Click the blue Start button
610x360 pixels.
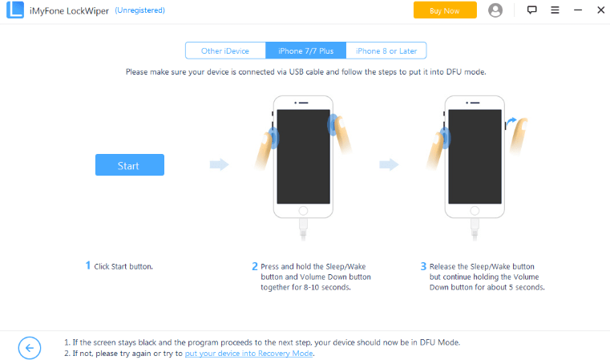[130, 164]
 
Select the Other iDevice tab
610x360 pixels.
[225, 51]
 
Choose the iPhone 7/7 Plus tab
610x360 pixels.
[305, 51]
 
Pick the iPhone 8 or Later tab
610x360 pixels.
[386, 51]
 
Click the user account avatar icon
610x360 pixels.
[495, 10]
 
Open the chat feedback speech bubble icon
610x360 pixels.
[531, 10]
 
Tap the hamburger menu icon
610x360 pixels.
[555, 10]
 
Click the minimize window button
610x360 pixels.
[578, 10]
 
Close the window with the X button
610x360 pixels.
[601, 10]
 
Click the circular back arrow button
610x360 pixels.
[30, 348]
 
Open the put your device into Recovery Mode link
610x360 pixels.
[249, 354]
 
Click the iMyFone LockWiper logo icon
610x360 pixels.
[15, 10]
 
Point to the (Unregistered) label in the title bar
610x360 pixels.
[139, 10]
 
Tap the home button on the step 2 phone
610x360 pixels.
[303, 211]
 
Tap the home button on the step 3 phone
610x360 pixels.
[475, 211]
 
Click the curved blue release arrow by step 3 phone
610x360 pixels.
[511, 121]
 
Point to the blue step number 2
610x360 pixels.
[255, 266]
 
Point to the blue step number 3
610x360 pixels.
[424, 266]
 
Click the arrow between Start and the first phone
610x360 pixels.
[220, 164]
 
